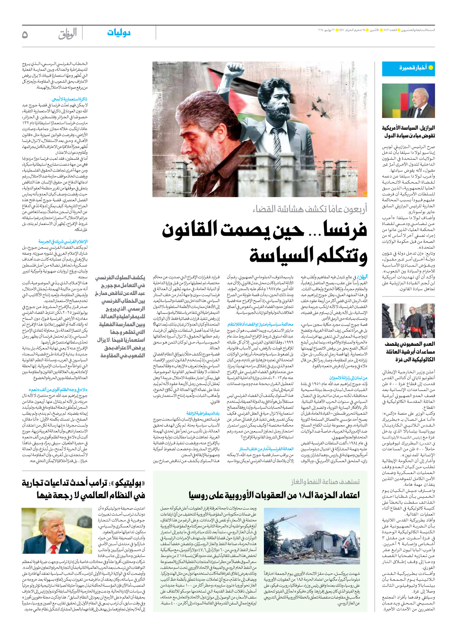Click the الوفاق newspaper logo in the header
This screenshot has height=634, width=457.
click(68, 34)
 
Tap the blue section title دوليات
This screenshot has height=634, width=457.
click(119, 33)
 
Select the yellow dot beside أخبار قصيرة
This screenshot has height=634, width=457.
click(431, 68)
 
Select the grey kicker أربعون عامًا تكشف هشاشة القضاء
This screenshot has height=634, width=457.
click(310, 209)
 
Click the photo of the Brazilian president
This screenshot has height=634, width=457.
click(408, 101)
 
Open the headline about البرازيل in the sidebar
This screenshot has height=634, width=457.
click(408, 132)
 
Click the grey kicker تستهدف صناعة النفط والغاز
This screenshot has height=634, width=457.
click(325, 482)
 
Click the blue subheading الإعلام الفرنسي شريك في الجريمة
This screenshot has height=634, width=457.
click(63, 241)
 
